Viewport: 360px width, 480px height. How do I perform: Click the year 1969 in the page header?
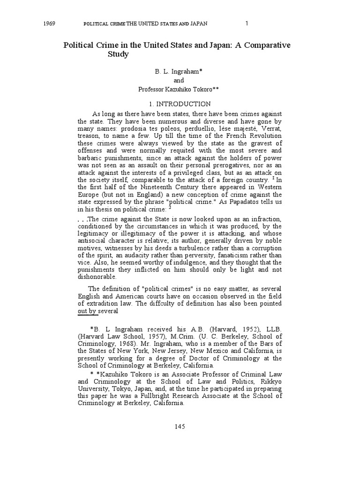pyautogui.click(x=49, y=23)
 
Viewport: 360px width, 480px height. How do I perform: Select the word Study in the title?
pyautogui.click(x=118, y=54)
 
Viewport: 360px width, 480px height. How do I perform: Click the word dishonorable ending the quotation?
pyautogui.click(x=97, y=277)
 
